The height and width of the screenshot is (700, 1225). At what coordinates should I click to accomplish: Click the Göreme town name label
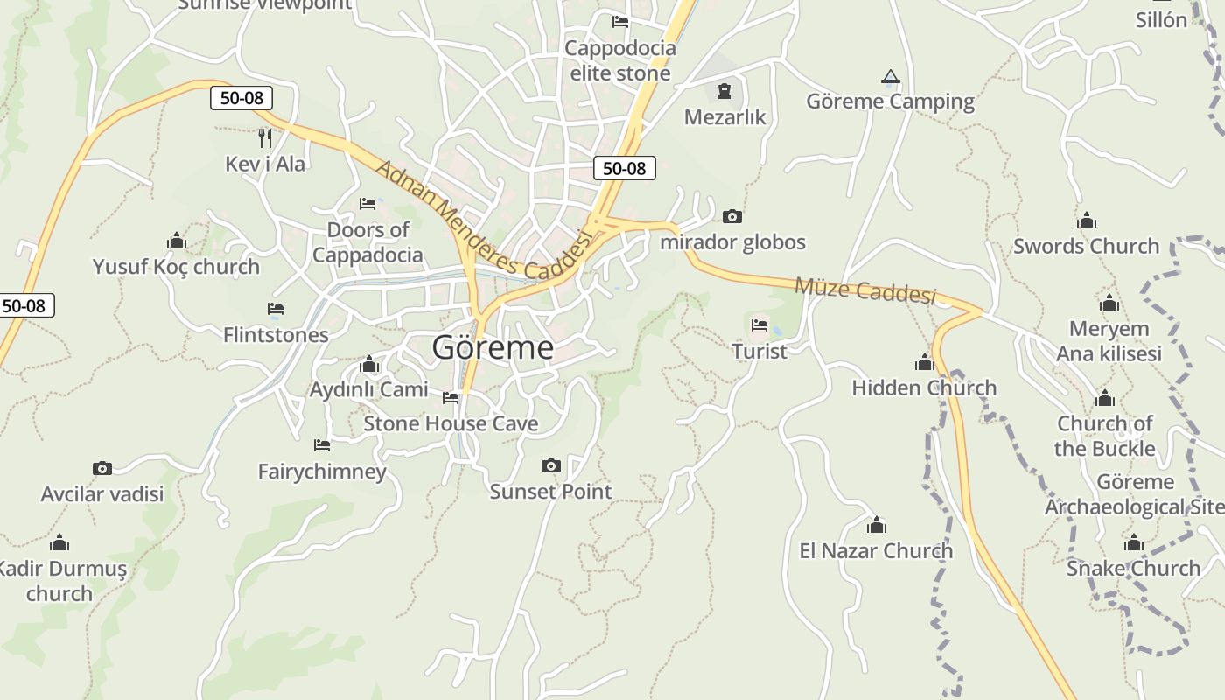pyautogui.click(x=493, y=347)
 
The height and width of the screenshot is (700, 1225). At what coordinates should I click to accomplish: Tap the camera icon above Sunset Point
pyautogui.click(x=550, y=465)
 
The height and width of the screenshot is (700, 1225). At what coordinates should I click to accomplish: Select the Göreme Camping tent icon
pyautogui.click(x=891, y=77)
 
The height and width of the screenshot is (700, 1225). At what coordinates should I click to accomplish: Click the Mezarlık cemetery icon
pyautogui.click(x=724, y=91)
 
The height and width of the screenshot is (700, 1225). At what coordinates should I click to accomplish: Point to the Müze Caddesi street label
pyautogui.click(x=864, y=290)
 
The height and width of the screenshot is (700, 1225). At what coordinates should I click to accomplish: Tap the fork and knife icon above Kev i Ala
pyautogui.click(x=265, y=137)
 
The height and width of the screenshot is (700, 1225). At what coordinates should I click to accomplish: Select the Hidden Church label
pyautogui.click(x=924, y=388)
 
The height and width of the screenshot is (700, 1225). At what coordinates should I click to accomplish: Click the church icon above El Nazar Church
pyautogui.click(x=876, y=525)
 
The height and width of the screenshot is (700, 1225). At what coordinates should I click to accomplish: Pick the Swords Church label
pyautogui.click(x=1086, y=246)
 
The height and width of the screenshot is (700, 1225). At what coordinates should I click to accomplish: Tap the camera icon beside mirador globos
pyautogui.click(x=731, y=216)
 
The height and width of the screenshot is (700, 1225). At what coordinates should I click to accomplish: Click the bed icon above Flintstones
pyautogui.click(x=276, y=309)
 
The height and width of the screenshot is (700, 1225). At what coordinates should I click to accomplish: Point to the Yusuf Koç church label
pyautogui.click(x=177, y=267)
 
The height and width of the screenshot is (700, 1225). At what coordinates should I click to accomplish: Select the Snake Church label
pyautogui.click(x=1133, y=569)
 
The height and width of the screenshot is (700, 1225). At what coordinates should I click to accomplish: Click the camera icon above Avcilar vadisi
pyautogui.click(x=102, y=469)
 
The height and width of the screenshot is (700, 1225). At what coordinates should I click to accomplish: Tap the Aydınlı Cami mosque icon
pyautogui.click(x=369, y=365)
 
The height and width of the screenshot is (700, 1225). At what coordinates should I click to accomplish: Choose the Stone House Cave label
pyautogui.click(x=451, y=424)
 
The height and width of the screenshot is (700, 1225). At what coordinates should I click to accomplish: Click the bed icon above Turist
pyautogui.click(x=759, y=325)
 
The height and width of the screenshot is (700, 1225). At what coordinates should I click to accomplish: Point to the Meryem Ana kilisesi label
pyautogui.click(x=1109, y=341)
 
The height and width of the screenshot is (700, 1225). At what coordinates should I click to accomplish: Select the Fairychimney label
pyautogui.click(x=322, y=472)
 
